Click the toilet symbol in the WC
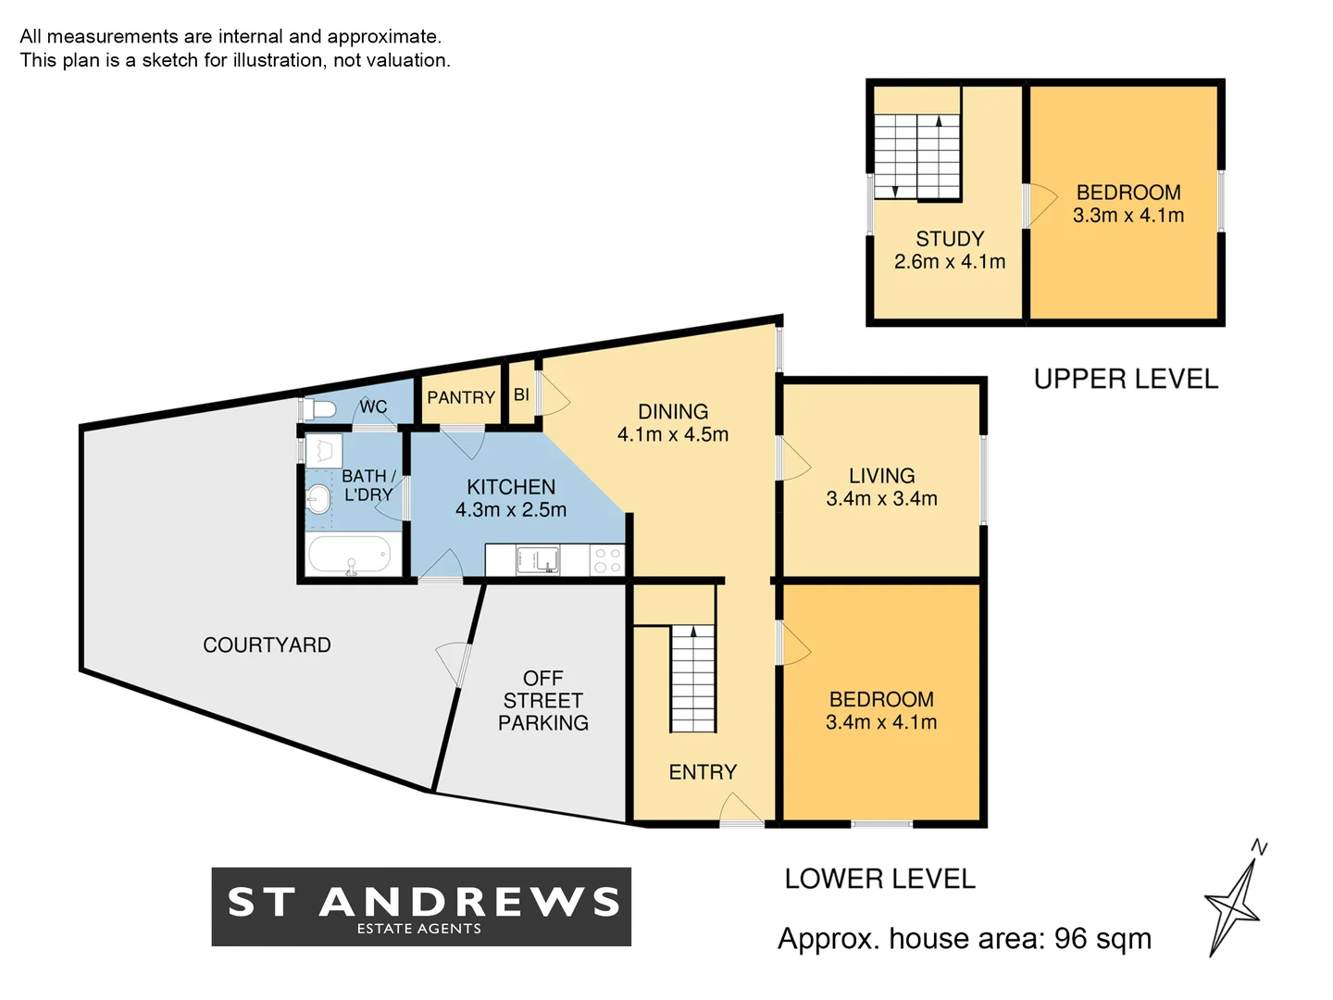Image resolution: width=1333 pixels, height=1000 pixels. (x=320, y=408)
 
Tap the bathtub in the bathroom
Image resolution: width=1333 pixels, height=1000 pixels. (x=349, y=556)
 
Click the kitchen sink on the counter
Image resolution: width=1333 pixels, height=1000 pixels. (x=537, y=560)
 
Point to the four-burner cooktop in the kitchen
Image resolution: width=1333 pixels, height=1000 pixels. (x=607, y=560)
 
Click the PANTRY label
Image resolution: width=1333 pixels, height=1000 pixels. (x=460, y=397)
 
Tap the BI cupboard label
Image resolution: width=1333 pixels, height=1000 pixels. (x=521, y=394)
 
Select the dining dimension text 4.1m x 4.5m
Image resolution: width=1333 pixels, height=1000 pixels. (x=673, y=434)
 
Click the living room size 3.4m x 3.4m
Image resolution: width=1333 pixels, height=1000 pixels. (x=881, y=498)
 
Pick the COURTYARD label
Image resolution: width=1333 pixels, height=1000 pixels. (x=267, y=645)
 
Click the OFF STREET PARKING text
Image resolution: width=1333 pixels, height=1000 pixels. (x=543, y=701)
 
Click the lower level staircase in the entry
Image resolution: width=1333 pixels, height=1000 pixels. (x=692, y=679)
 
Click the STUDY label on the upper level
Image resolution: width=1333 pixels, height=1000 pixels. (x=950, y=239)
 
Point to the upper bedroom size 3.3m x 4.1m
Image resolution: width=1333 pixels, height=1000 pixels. (x=1128, y=216)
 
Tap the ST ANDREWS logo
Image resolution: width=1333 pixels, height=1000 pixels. (x=421, y=906)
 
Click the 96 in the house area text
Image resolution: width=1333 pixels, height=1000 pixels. (x=1070, y=939)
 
